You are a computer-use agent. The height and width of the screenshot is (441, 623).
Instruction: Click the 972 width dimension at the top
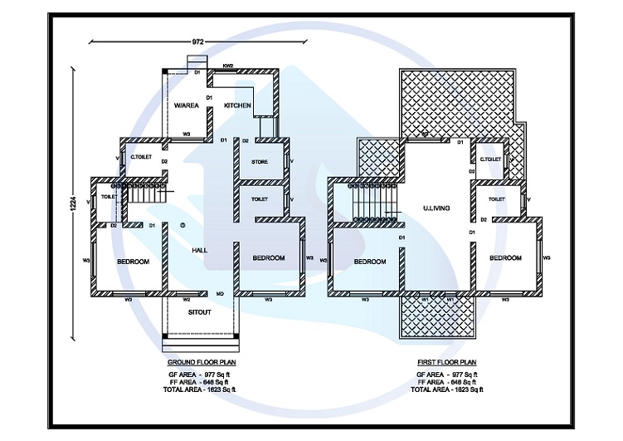197,41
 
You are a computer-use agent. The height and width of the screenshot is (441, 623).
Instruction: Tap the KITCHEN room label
237,105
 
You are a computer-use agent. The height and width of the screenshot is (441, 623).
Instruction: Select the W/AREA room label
186,105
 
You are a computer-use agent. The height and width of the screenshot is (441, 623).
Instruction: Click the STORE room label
259,162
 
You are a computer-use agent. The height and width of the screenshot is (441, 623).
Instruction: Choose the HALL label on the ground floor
199,249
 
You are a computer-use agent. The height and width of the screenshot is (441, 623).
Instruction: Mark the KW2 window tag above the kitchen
228,65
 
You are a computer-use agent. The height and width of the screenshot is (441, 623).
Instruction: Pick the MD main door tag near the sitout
220,294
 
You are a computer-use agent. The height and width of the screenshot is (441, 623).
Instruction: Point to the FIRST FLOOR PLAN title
445,363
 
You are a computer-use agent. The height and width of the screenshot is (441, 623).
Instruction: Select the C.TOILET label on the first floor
490,158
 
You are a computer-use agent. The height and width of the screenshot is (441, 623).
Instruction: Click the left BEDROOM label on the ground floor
133,262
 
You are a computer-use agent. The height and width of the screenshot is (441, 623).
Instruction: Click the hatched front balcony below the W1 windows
437,318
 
